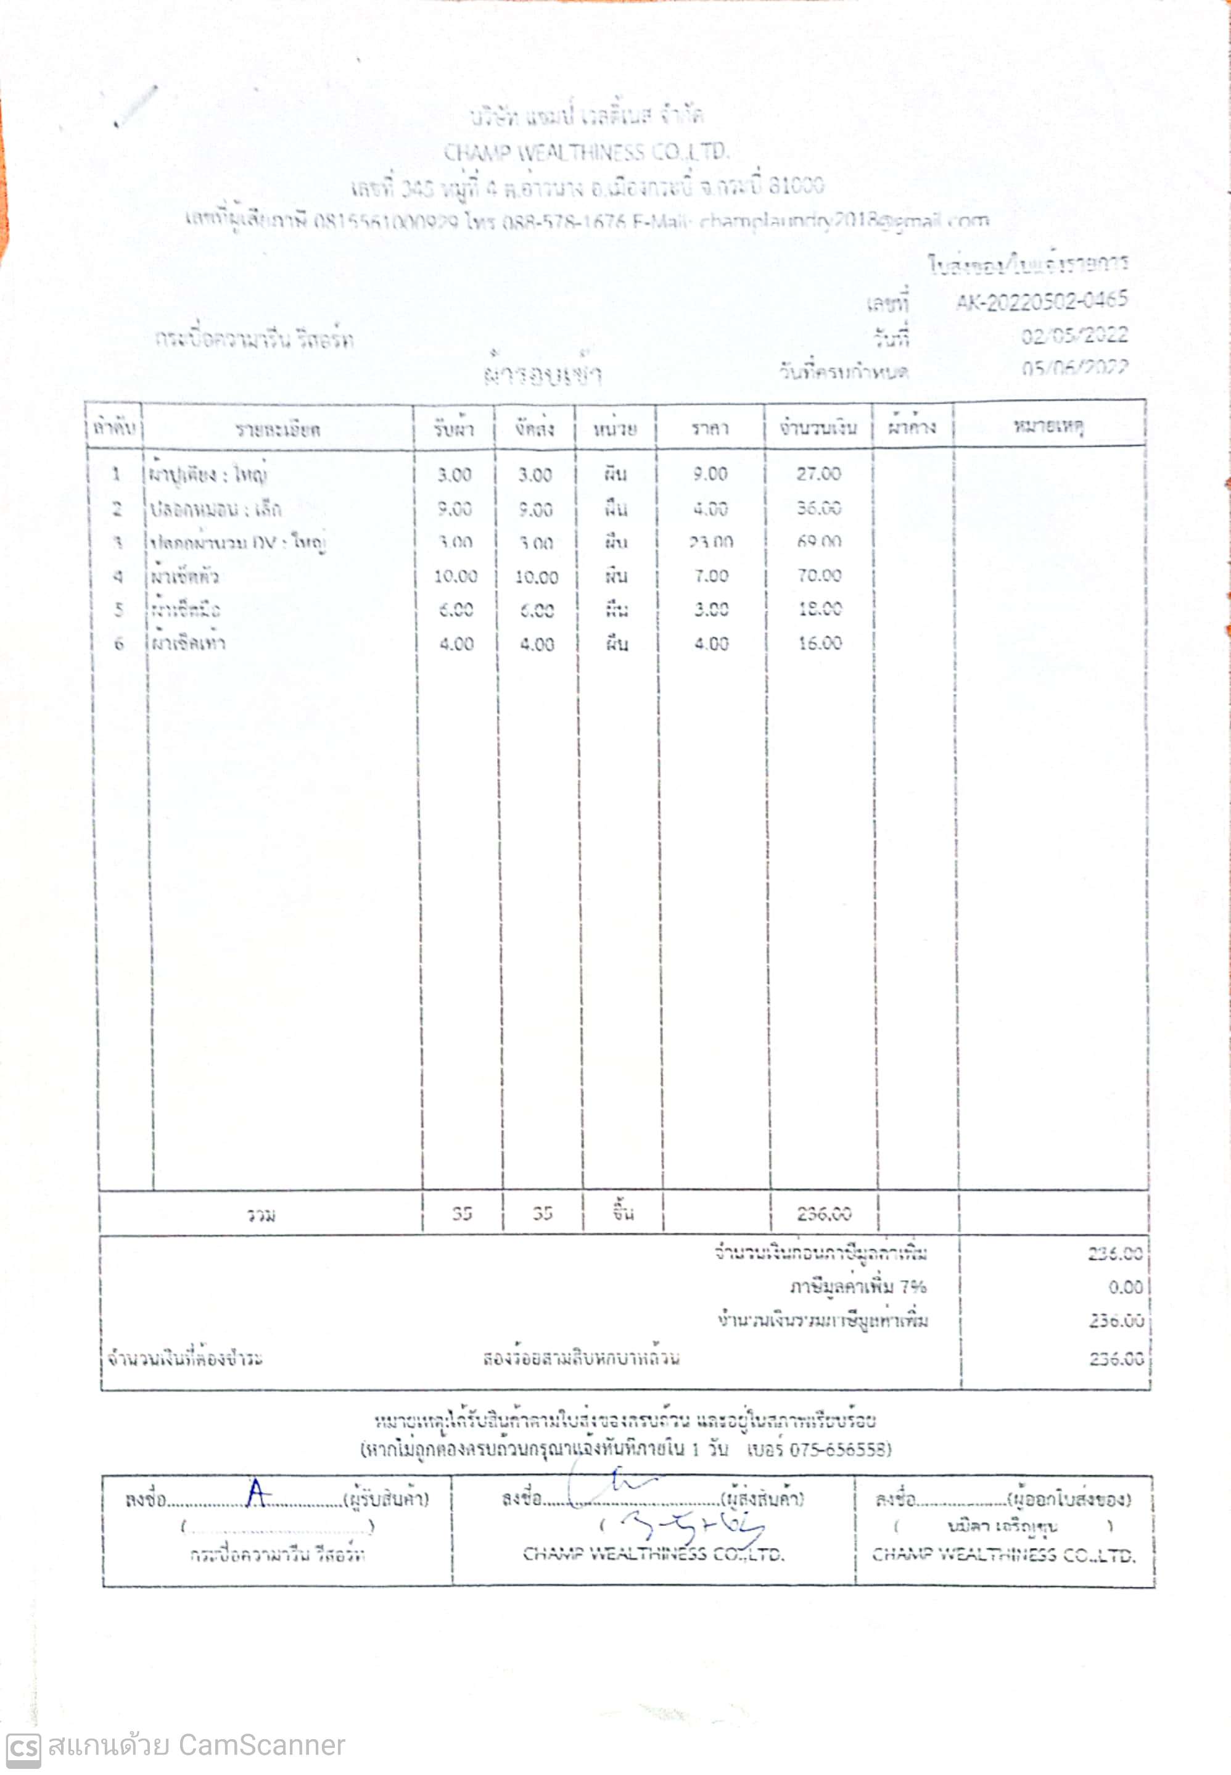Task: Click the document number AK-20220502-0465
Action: point(1041,300)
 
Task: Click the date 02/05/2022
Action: point(1074,336)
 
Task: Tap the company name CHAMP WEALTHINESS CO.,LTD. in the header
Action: point(585,152)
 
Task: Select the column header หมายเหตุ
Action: point(1048,426)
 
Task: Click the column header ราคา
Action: point(710,428)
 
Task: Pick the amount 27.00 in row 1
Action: point(818,474)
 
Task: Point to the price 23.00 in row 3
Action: point(710,542)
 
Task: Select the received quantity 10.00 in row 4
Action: point(455,576)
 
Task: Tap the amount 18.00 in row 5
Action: point(819,610)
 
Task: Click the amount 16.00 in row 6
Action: point(819,643)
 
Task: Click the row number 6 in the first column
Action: point(119,643)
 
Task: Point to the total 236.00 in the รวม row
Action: point(824,1214)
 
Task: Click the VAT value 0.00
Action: point(1126,1287)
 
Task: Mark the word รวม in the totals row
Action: point(261,1215)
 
